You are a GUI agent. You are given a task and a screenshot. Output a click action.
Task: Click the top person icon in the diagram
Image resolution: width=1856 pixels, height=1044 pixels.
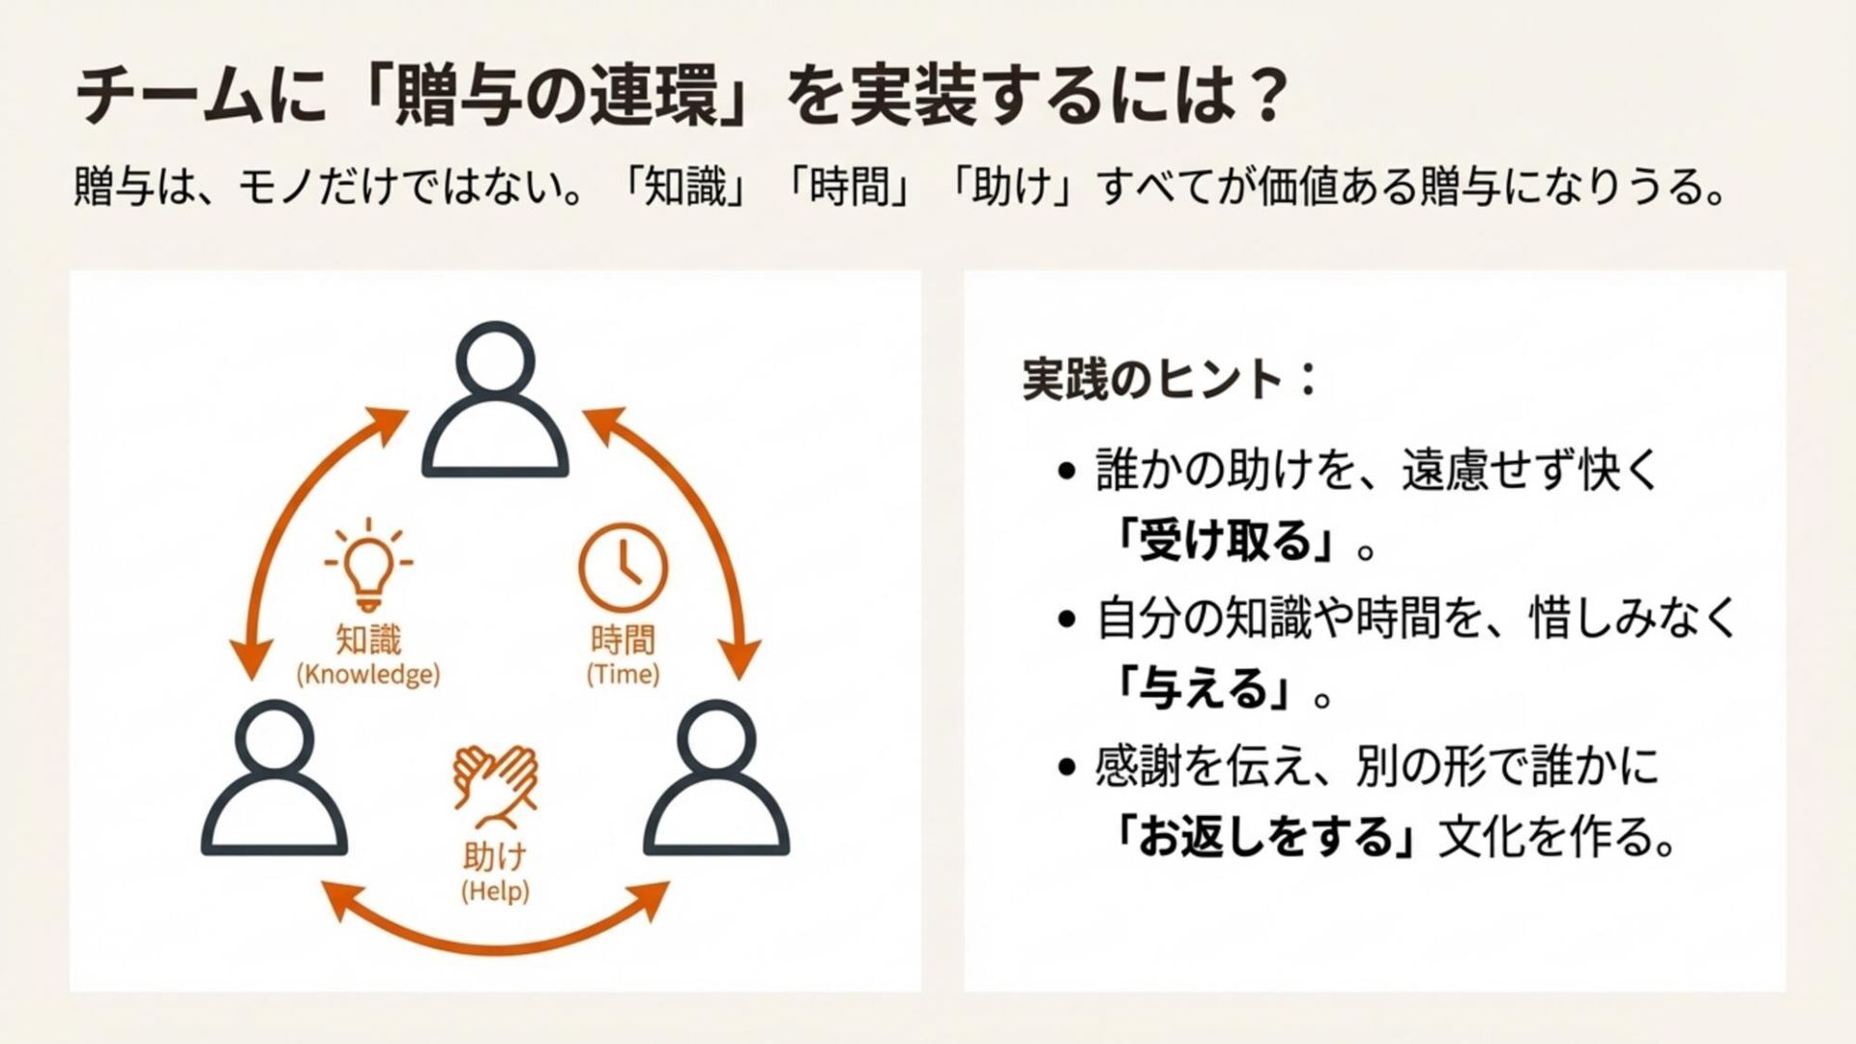(495, 400)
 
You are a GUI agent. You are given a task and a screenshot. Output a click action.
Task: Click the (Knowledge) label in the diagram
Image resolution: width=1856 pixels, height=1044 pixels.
(368, 674)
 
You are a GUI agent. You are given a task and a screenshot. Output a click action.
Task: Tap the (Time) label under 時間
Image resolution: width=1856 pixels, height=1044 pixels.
(623, 674)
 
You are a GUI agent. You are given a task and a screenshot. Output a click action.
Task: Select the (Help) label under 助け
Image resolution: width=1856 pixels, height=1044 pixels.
(495, 890)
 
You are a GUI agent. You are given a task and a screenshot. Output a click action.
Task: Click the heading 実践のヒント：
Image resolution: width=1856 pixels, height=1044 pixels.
(1170, 379)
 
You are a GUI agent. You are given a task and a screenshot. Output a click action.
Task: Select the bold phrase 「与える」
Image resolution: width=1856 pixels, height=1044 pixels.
(1207, 690)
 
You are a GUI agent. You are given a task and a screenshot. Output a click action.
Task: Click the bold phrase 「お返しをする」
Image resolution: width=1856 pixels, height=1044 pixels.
(1266, 837)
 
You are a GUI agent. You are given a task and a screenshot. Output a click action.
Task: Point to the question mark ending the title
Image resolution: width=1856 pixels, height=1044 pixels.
(1263, 98)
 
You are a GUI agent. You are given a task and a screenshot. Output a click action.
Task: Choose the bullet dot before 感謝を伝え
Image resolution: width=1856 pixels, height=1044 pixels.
(1067, 768)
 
